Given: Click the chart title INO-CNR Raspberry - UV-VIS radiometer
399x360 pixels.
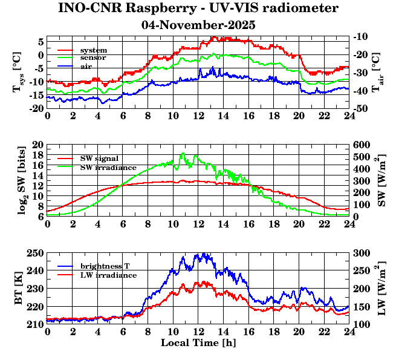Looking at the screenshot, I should [x=198, y=8].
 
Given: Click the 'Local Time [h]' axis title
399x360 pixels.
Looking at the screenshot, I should [x=198, y=343].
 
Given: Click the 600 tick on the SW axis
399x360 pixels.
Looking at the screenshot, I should [x=362, y=145].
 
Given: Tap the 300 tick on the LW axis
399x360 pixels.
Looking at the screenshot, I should [x=362, y=253].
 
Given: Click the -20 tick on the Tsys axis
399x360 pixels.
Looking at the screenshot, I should [x=36, y=108].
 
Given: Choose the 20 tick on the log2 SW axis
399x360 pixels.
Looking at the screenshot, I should [x=38, y=145].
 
